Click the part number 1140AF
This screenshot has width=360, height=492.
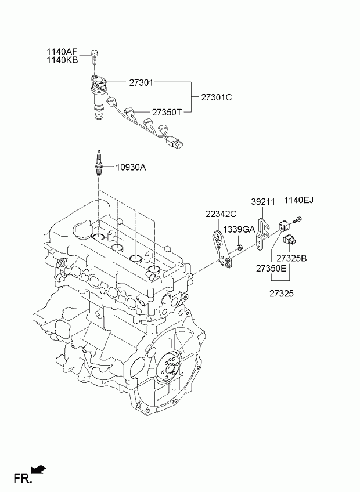62,52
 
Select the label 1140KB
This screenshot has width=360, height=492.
62,60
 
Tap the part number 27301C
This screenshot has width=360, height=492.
217,97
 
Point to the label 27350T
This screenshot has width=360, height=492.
167,112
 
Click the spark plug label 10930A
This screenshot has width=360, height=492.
131,167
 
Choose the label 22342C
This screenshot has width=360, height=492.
221,214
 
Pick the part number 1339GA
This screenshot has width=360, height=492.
239,229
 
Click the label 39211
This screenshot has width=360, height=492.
263,202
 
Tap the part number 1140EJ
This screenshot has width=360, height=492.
299,200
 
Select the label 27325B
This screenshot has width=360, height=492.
291,258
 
